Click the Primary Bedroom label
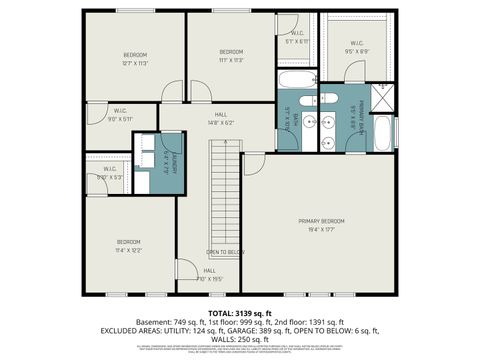[x=321, y=224]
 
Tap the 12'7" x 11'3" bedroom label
[x=135, y=57]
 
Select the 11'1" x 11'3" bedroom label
[x=231, y=55]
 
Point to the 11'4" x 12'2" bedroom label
[x=128, y=245]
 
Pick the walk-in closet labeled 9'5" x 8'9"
[x=357, y=46]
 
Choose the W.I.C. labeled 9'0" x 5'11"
[x=119, y=115]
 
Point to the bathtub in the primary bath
[x=384, y=133]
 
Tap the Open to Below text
[x=225, y=252]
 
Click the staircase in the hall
[x=225, y=195]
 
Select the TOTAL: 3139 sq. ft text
[x=240, y=313]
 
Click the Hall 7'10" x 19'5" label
[x=210, y=275]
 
